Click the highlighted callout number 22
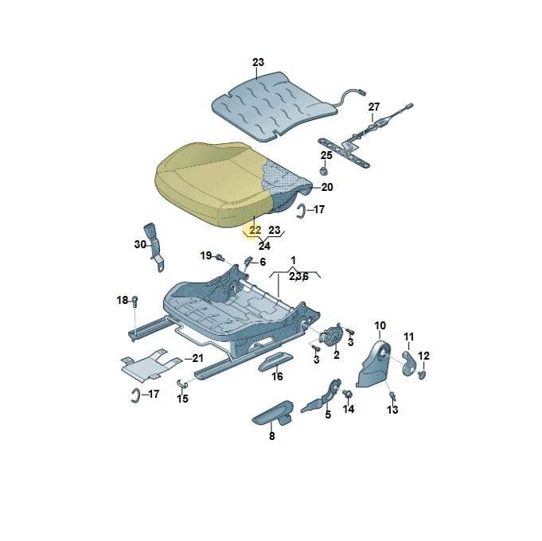pos(255,230)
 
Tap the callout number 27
pos(373,107)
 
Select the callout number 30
pos(140,244)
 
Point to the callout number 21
pos(197,358)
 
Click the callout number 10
pos(380,325)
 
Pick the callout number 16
pos(277,376)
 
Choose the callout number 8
pos(271,436)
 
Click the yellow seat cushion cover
pos(214,184)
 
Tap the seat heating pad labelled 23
pos(273,105)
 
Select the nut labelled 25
pos(323,171)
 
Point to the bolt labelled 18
pos(135,302)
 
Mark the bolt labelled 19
pos(220,257)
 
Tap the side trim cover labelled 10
pos(374,364)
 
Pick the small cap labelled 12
pos(421,375)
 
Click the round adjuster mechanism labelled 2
pos(332,337)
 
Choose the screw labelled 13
pos(392,395)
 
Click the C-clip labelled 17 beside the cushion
pos(300,211)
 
